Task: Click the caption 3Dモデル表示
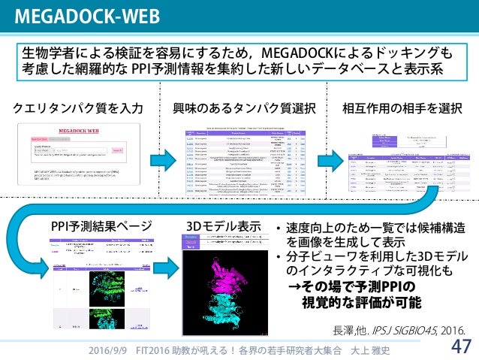coord(222,225)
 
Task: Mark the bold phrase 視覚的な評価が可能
coord(360,303)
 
